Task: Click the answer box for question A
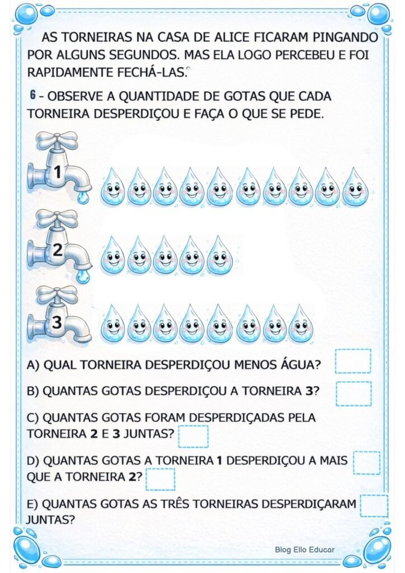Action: [353, 361]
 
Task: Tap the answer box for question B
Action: [354, 393]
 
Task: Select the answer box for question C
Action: [193, 436]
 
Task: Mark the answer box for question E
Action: [374, 506]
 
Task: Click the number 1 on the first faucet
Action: [56, 173]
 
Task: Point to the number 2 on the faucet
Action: [57, 251]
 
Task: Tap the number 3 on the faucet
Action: [56, 322]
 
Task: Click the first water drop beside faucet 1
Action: [113, 187]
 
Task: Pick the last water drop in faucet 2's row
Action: [220, 255]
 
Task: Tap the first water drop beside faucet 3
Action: [113, 324]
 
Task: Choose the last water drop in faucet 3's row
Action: [301, 324]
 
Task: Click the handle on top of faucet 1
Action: [57, 140]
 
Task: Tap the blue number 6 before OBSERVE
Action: [34, 96]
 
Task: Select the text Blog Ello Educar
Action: [304, 549]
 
